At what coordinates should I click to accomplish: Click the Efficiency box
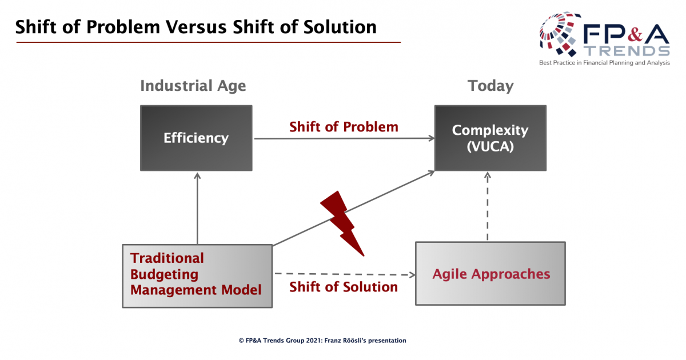click(196, 138)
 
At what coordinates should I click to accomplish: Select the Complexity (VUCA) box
click(490, 138)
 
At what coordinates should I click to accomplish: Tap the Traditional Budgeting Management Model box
click(197, 276)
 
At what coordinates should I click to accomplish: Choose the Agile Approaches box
click(490, 273)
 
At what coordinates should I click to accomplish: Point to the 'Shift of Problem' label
click(344, 127)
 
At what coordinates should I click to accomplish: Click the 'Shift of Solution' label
click(344, 287)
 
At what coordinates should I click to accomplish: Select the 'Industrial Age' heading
click(193, 86)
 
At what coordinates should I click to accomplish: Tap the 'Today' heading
click(490, 86)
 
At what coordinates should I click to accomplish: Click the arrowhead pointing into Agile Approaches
click(412, 275)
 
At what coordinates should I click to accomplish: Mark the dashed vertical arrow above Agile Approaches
click(488, 207)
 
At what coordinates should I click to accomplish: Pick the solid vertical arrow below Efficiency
click(198, 209)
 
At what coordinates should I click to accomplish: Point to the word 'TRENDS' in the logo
click(627, 51)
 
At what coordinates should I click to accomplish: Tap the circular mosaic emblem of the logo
click(559, 34)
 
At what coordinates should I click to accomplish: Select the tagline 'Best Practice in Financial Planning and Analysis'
click(604, 63)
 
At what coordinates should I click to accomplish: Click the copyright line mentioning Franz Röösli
click(322, 341)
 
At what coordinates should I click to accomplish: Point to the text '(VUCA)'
click(490, 146)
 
